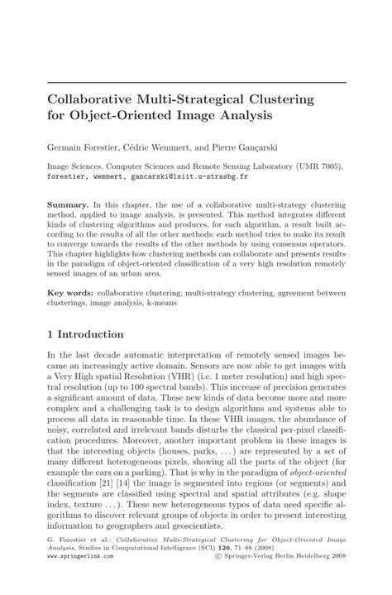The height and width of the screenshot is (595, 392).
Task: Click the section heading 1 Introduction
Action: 85,334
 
